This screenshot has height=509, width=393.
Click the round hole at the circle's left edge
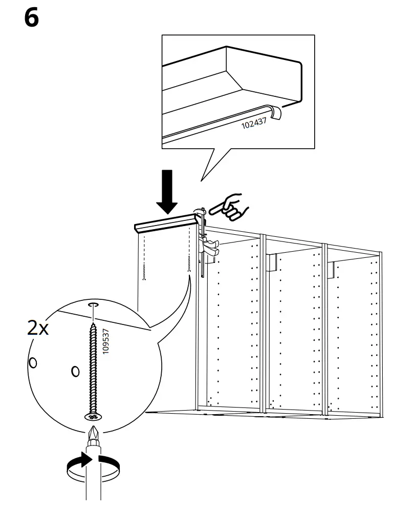[x=33, y=363]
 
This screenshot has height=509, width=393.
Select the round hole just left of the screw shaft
[x=75, y=370]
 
